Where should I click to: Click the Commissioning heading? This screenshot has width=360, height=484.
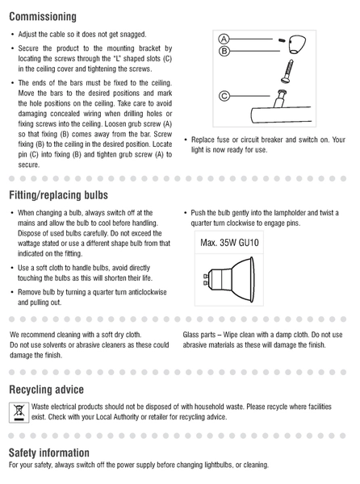[43, 17]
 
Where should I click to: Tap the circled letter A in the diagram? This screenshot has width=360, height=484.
[224, 40]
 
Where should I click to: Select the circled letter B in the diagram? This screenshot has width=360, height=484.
[224, 51]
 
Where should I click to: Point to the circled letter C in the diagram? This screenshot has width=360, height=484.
[224, 96]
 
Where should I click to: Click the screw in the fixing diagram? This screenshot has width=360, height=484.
[287, 71]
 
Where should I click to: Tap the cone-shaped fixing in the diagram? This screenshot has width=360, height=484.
[297, 44]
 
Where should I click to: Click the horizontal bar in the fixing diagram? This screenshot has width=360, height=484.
[281, 115]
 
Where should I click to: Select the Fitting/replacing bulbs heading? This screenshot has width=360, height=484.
[58, 195]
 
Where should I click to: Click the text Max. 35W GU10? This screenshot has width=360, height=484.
[229, 243]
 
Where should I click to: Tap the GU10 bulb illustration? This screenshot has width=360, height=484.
[229, 280]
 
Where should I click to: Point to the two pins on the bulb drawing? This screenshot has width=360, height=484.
[206, 279]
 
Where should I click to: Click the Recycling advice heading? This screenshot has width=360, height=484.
[46, 390]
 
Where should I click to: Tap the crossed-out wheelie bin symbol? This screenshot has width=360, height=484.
[19, 413]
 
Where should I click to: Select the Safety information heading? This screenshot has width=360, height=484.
[49, 453]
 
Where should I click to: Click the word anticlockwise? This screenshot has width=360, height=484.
[148, 292]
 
